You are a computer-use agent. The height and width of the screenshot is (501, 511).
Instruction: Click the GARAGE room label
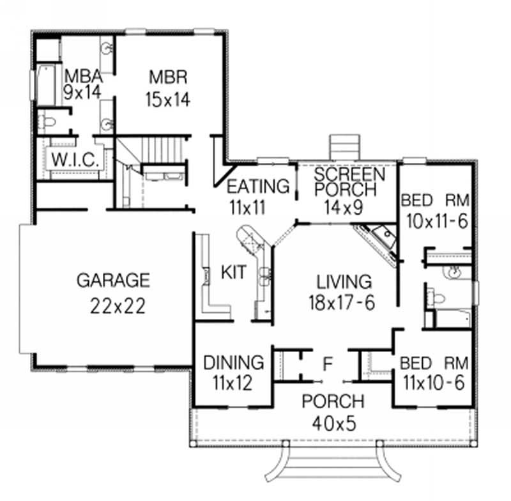pyautogui.click(x=112, y=280)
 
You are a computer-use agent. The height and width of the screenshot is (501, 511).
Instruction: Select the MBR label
pyautogui.click(x=168, y=77)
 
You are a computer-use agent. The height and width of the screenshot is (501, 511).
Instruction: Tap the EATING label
pyautogui.click(x=258, y=187)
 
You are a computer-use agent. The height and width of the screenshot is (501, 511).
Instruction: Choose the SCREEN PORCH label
pyautogui.click(x=350, y=182)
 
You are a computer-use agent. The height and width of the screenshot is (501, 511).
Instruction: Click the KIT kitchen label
pyautogui.click(x=234, y=273)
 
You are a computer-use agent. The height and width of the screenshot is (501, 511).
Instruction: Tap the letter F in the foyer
pyautogui.click(x=328, y=365)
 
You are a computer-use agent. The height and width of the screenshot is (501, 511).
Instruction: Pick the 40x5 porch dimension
pyautogui.click(x=334, y=422)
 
